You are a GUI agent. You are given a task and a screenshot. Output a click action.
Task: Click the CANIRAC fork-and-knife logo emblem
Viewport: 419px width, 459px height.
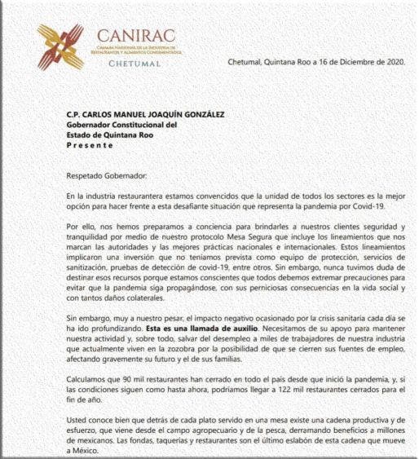click(x=60, y=46)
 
